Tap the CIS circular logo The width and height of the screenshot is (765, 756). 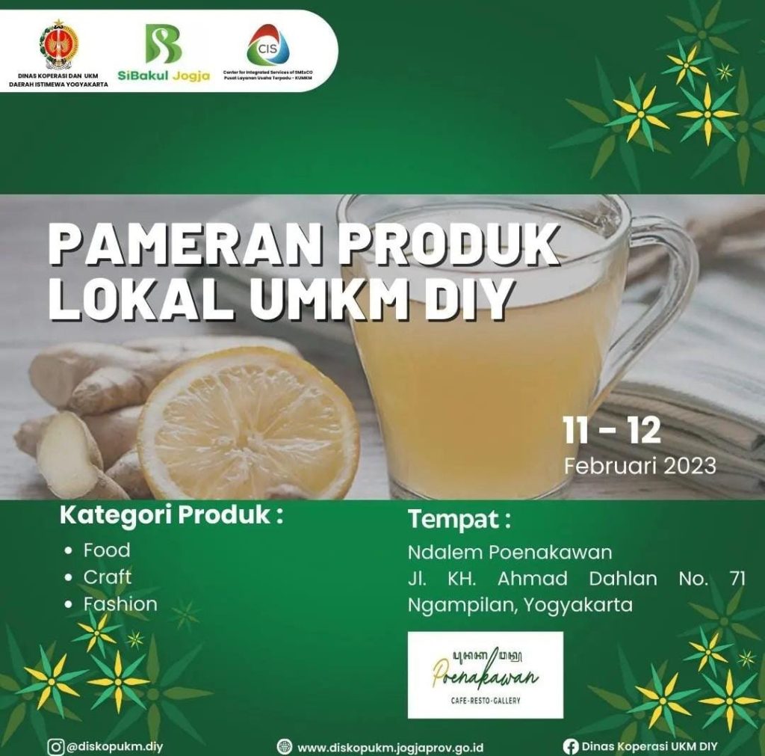pyautogui.click(x=268, y=45)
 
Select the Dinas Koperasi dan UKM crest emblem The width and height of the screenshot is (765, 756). pyautogui.click(x=58, y=44)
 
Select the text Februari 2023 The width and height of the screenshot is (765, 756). pyautogui.click(x=640, y=466)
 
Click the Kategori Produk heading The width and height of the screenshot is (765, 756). pyautogui.click(x=171, y=515)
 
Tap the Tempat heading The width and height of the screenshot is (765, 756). pyautogui.click(x=459, y=519)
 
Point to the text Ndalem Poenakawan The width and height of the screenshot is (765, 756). pyautogui.click(x=510, y=553)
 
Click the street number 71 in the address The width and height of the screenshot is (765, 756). pyautogui.click(x=737, y=579)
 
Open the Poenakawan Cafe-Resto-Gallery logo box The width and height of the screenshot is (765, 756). pyautogui.click(x=486, y=675)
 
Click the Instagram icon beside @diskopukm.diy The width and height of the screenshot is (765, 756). pyautogui.click(x=55, y=747)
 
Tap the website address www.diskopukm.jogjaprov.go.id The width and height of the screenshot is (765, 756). pyautogui.click(x=390, y=748)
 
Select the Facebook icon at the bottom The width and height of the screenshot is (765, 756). pyautogui.click(x=570, y=747)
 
